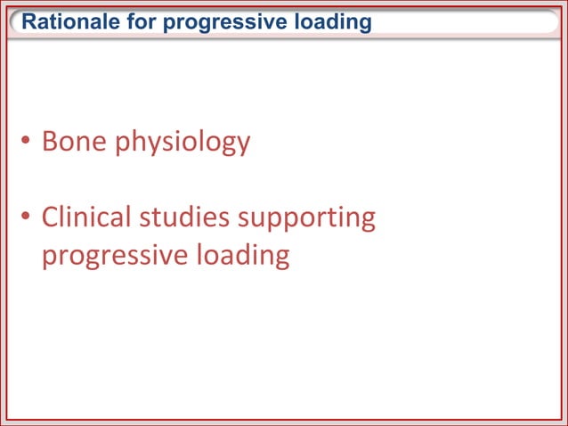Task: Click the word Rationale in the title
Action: [64, 22]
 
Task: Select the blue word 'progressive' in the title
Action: [209, 22]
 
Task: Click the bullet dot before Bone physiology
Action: [28, 143]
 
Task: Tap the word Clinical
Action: [86, 217]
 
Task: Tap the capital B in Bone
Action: [50, 142]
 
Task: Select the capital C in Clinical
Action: [51, 217]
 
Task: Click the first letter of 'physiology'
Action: [121, 144]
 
